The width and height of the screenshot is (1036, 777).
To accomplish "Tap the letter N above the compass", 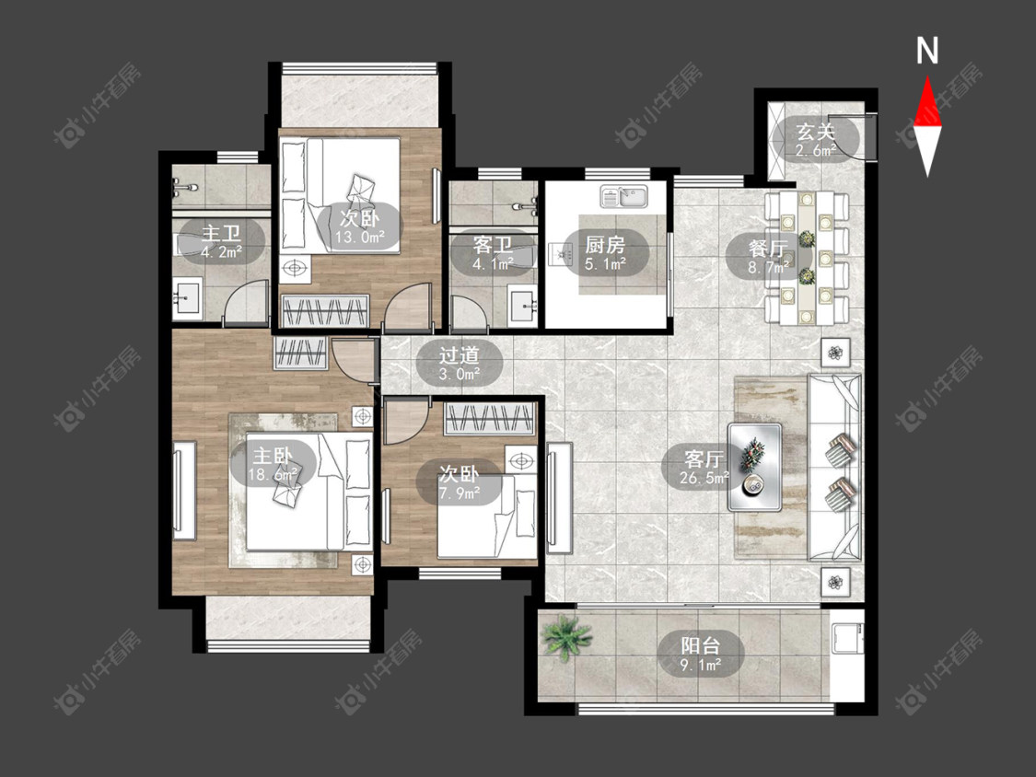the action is pos(927,51).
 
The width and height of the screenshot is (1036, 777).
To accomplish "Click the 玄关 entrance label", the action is pos(815,132).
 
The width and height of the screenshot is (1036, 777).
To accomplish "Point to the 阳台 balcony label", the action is pos(701,644).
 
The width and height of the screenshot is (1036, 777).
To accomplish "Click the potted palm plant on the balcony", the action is pos(565,637).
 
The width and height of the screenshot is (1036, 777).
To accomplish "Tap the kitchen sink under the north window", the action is pos(624,197).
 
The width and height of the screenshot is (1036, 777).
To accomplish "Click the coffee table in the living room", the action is pos(754,467).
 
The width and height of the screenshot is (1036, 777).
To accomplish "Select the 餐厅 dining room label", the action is pos(767,249).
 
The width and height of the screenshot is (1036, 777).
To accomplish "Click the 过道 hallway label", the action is pos(460,355).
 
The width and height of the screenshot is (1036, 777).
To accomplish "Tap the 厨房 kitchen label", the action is pos(604,245).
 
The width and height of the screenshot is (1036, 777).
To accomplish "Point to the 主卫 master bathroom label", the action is pos(221,233).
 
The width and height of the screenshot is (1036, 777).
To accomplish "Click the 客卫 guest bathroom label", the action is pos(493,245).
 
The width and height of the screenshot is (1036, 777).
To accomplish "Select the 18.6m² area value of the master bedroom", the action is pos(273,474).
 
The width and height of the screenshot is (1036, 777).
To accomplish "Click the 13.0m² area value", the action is pos(360,238).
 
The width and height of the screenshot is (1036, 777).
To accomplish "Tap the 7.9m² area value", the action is pos(460,493).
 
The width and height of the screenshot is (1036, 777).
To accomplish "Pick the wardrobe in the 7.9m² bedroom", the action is pos(490,418).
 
